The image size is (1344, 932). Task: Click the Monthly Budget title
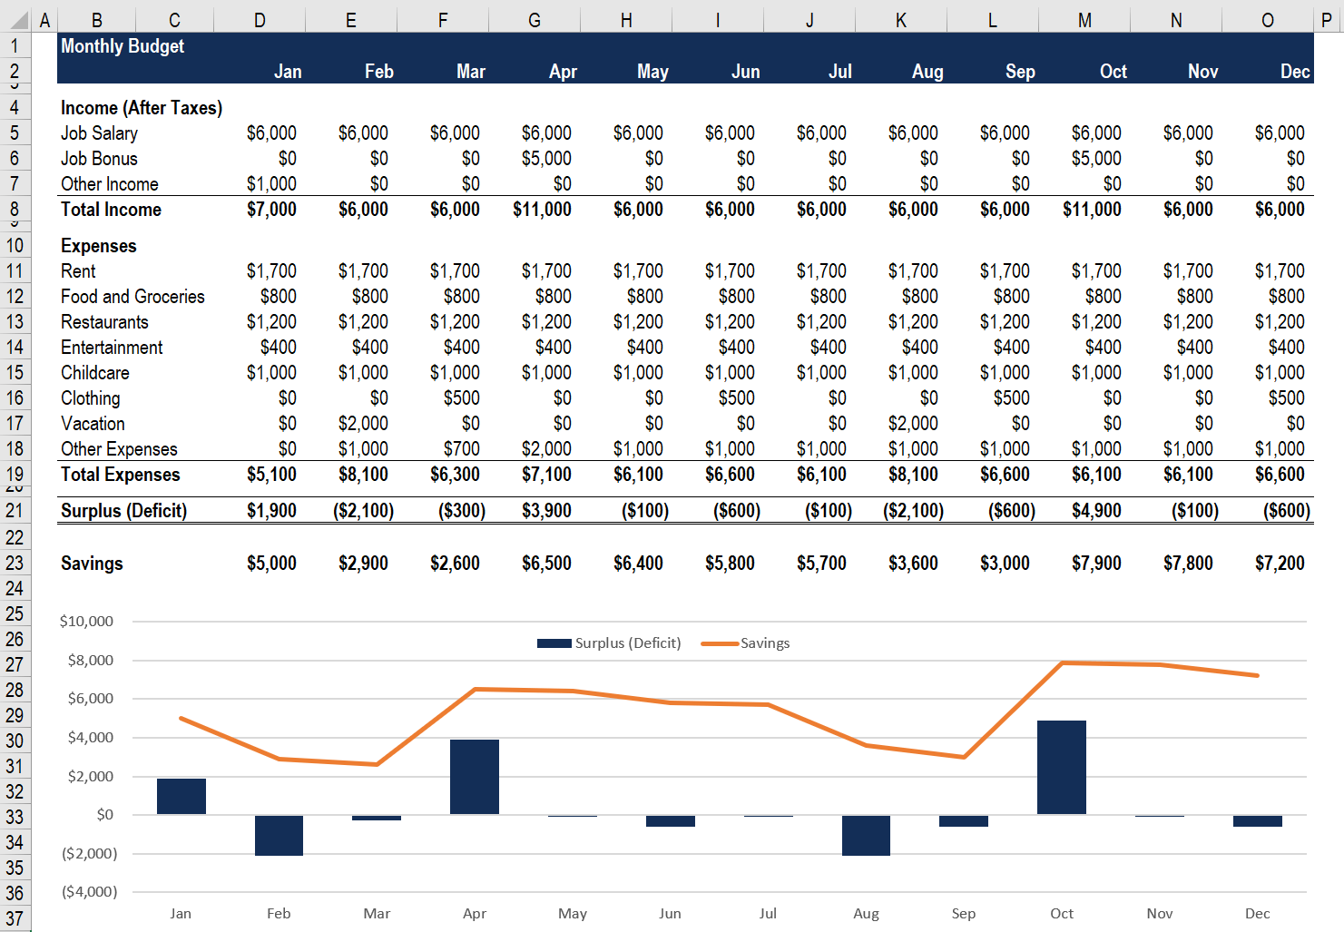[123, 46]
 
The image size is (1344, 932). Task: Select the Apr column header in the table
[563, 72]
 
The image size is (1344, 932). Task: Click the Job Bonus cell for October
[1096, 159]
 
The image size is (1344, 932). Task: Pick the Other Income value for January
[271, 184]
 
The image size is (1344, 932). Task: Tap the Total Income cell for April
[542, 210]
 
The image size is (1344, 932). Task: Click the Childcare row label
[95, 373]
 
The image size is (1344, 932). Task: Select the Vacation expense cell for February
[363, 424]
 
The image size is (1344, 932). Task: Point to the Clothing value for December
[1286, 398]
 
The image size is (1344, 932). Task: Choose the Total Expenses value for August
[913, 475]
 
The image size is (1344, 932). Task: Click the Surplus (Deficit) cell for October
[1096, 511]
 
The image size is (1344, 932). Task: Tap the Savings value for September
[1005, 564]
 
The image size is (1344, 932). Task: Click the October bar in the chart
[1061, 768]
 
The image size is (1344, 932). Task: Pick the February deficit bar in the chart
[279, 835]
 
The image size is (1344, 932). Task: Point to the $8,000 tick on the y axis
[91, 661]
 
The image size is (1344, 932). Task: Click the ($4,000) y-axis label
[89, 892]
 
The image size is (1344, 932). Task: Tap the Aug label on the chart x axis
[866, 914]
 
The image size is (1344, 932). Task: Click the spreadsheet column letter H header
[626, 20]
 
